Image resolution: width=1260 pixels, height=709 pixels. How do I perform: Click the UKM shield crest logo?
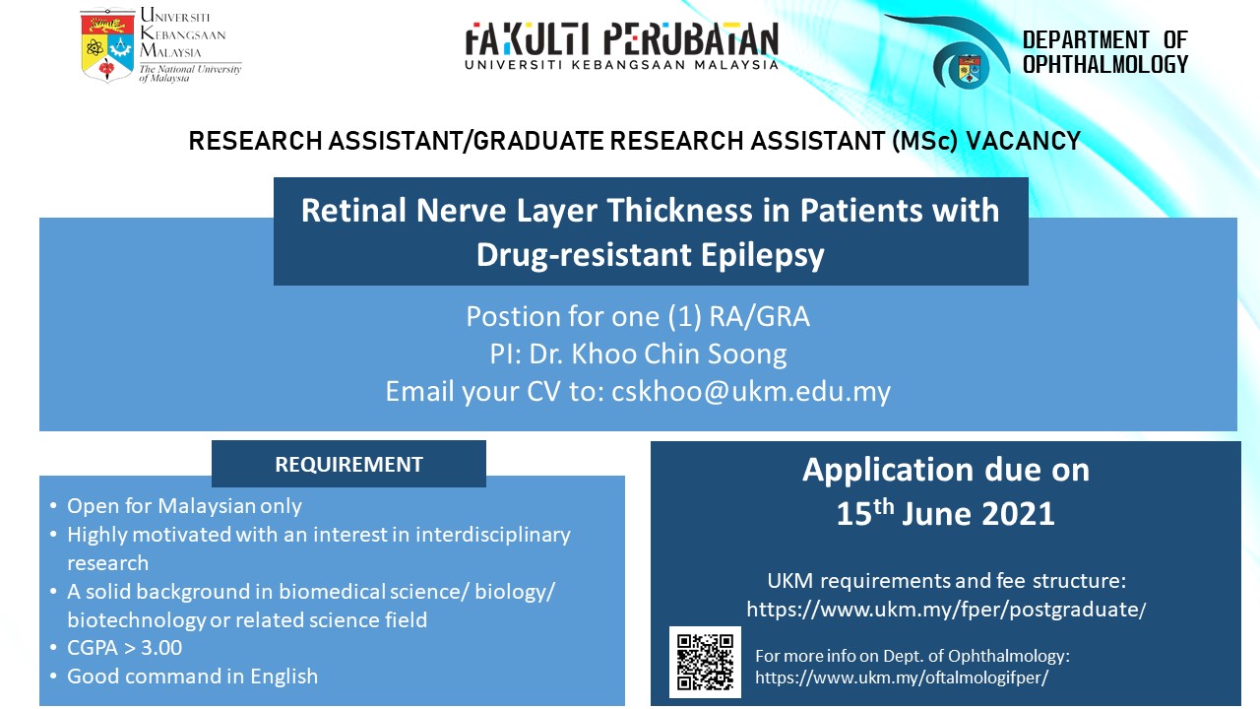pyautogui.click(x=107, y=45)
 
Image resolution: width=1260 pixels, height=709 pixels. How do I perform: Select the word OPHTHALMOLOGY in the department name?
pyautogui.click(x=1105, y=64)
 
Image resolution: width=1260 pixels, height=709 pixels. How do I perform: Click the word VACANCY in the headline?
pyautogui.click(x=1023, y=141)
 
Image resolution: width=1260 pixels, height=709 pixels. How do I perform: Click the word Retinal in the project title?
pyautogui.click(x=353, y=211)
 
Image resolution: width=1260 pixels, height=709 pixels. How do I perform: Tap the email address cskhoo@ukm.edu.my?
pyautogui.click(x=751, y=391)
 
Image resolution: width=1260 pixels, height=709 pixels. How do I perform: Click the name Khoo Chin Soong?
pyautogui.click(x=679, y=354)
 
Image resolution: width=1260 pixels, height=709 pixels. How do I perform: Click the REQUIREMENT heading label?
pyautogui.click(x=348, y=464)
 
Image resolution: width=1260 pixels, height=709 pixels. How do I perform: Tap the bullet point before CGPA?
pyautogui.click(x=53, y=648)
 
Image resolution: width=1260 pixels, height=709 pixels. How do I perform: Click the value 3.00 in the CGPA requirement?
pyautogui.click(x=161, y=648)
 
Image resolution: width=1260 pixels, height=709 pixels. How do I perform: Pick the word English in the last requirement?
pyautogui.click(x=284, y=677)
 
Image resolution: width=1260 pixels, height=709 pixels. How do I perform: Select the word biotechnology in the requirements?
pyautogui.click(x=136, y=620)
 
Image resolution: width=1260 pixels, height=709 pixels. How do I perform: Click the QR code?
pyautogui.click(x=705, y=662)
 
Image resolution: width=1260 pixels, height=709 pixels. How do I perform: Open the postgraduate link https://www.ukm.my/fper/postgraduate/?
pyautogui.click(x=946, y=610)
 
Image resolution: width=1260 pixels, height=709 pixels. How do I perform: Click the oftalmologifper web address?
pyautogui.click(x=902, y=677)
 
